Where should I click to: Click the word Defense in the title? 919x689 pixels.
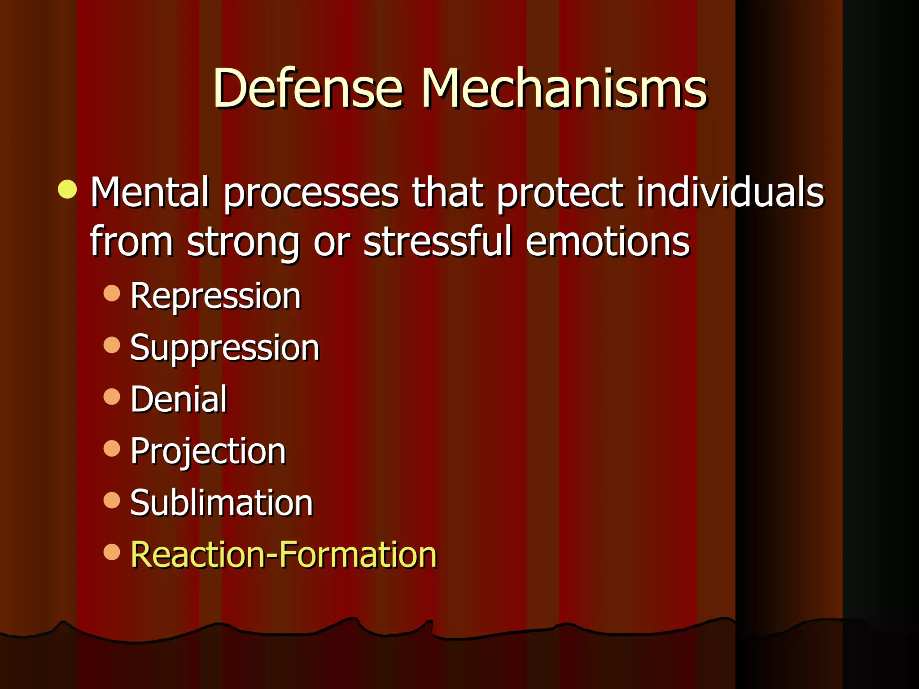308,88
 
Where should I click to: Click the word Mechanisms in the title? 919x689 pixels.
564,88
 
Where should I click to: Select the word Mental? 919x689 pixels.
150,192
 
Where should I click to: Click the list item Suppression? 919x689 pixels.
224,348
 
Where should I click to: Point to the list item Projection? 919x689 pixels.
208,451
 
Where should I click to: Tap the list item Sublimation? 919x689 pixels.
221,503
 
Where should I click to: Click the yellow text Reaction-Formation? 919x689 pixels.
283,555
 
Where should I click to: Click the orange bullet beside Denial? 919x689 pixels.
112,397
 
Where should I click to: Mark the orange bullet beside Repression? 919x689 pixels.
112,293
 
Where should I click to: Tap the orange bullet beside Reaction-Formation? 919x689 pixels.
112,552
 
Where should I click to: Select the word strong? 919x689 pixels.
243,243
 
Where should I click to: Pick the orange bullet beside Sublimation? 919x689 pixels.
112,500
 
